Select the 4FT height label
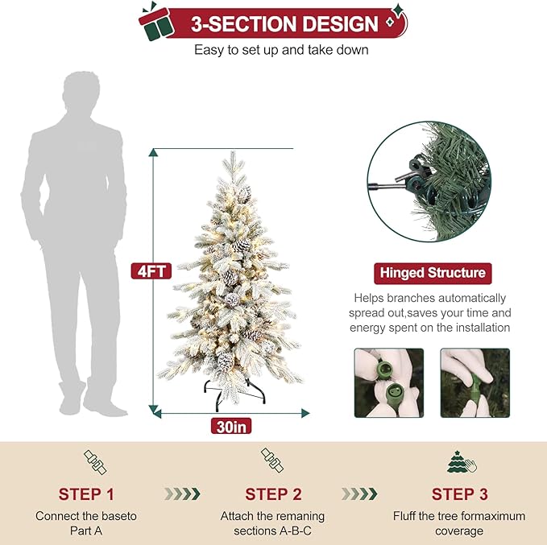[x=151, y=270]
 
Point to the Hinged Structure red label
[x=432, y=273]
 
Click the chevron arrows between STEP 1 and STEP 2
[x=181, y=493]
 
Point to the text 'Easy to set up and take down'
[x=281, y=50]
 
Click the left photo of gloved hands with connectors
[x=389, y=382]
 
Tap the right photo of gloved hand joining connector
[x=474, y=382]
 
